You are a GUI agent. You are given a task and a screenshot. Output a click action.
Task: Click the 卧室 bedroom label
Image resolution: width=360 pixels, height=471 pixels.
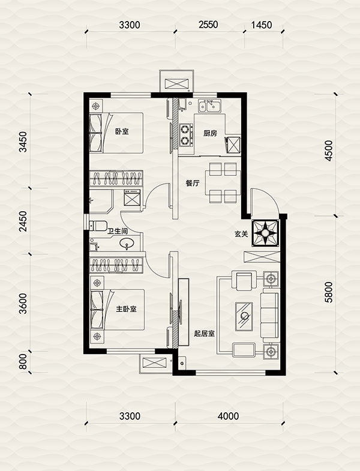pos(122,131)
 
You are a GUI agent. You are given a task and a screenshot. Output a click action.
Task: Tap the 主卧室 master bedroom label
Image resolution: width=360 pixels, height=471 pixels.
pos(126,309)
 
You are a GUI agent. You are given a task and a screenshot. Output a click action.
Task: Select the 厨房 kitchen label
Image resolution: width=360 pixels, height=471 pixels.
pos(210,133)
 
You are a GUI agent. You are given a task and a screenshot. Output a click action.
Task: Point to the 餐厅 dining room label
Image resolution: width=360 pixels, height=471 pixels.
pos(193,183)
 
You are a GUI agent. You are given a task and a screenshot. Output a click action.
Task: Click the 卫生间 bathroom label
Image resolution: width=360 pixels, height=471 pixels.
pos(118,231)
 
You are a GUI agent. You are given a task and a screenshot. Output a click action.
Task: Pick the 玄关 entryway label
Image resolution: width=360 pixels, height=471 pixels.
pos(241,233)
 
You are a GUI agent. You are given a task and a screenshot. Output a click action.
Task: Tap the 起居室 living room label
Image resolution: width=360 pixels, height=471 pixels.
pos(204,334)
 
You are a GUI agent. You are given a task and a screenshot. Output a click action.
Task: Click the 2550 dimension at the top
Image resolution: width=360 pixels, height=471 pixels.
pos(208,25)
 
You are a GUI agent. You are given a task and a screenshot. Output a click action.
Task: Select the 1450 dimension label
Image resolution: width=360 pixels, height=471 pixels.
pos(262,25)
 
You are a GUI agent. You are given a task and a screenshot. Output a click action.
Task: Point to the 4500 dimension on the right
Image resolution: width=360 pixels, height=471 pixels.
pos(329,151)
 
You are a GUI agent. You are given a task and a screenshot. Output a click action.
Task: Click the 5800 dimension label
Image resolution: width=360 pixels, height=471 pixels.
pos(329,292)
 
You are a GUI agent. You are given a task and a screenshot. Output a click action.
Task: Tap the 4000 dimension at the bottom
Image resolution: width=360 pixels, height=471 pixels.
pos(229,416)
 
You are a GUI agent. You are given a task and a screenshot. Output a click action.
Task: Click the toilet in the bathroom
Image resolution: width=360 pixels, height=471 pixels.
pos(98,225)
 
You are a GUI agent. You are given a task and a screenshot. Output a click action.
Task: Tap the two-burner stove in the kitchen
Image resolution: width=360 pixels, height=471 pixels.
pos(187,136)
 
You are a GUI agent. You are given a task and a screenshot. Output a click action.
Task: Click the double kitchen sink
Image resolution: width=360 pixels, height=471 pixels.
pos(209,106)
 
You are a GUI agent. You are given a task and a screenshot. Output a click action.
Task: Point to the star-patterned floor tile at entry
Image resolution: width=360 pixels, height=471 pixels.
pos(265,233)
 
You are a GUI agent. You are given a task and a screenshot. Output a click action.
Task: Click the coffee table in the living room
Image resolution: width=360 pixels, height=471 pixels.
pos(244,317)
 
